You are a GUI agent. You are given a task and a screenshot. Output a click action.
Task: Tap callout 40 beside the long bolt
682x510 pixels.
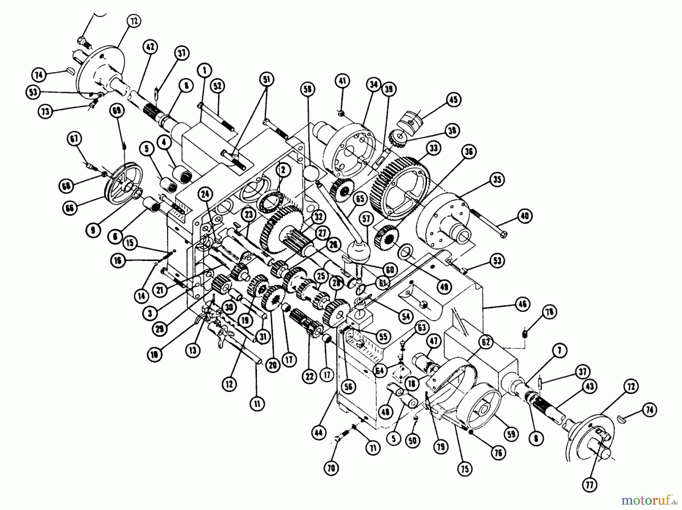click(x=525, y=216)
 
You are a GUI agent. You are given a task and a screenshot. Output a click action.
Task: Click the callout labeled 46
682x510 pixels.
click(x=522, y=304)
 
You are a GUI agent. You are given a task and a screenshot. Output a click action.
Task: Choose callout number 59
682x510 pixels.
click(x=511, y=434)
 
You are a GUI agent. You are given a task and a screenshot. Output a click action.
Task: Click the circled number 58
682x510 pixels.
click(x=308, y=90)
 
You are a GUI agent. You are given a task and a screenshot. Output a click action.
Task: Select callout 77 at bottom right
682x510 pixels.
click(x=590, y=485)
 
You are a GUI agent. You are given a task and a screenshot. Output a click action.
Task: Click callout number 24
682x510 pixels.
click(x=205, y=194)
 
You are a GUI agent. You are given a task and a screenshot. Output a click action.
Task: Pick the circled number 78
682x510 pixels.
click(x=549, y=312)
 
